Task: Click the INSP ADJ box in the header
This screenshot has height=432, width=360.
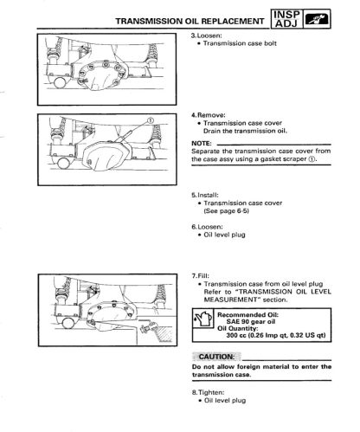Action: tap(286, 19)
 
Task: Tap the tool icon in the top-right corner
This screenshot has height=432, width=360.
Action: tap(317, 19)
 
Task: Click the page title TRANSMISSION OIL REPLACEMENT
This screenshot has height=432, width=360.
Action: tap(190, 21)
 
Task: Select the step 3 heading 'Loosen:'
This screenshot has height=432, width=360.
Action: tap(206, 35)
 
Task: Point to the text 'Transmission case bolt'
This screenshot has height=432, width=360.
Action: tap(240, 43)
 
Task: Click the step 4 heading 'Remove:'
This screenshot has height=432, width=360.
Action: tap(209, 115)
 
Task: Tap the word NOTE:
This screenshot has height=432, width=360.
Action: tap(202, 144)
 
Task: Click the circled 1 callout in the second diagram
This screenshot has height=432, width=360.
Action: tap(151, 120)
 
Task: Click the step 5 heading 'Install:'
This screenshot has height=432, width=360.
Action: tap(205, 196)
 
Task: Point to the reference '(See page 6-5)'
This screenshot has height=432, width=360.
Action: tap(227, 211)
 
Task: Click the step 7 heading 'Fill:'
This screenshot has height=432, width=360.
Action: tap(201, 276)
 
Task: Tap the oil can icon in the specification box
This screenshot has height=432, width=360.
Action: tap(203, 319)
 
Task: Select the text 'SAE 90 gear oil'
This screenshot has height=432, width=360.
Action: tap(251, 322)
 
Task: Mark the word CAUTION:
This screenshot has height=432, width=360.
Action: tap(216, 357)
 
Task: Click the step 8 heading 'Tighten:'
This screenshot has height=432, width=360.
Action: tap(208, 393)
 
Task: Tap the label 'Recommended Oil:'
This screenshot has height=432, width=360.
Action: tap(247, 315)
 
